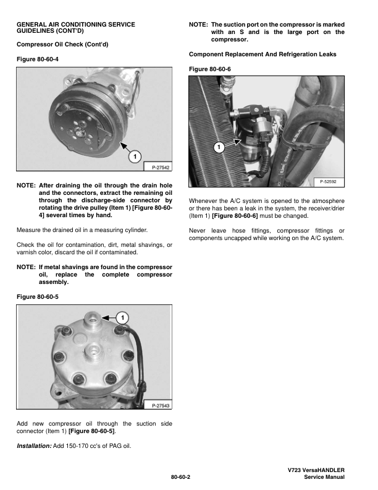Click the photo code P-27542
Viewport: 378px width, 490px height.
tap(157, 167)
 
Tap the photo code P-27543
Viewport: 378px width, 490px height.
tap(157, 406)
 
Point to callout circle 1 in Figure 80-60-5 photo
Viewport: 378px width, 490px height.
tap(122, 317)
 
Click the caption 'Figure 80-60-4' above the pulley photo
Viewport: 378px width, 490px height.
tap(36, 59)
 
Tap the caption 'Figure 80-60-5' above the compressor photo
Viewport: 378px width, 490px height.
tap(36, 296)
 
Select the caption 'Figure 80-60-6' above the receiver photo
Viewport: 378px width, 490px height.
tap(209, 68)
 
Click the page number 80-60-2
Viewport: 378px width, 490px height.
tap(185, 478)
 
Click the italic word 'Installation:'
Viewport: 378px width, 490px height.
tap(35, 445)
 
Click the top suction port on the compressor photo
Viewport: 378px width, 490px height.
tap(92, 319)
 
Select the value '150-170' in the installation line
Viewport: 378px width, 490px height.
tap(79, 445)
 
